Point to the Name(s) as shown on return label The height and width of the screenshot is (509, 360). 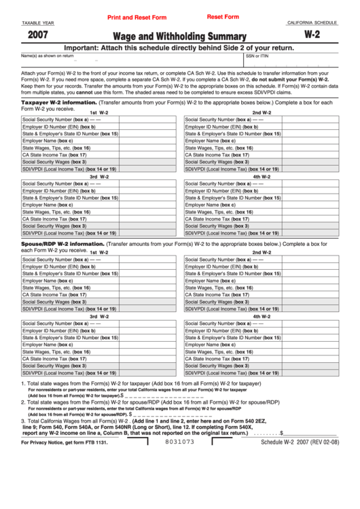click(x=48, y=56)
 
